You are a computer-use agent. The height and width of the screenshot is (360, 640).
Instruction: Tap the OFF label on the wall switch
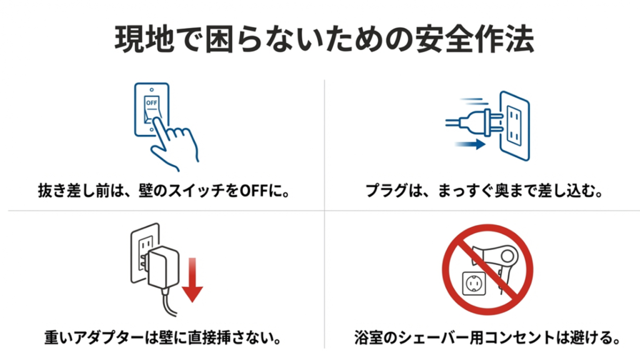(151, 101)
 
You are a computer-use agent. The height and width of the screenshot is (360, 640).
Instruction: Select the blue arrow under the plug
(468, 144)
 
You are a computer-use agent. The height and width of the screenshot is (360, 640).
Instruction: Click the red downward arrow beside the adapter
(193, 279)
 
